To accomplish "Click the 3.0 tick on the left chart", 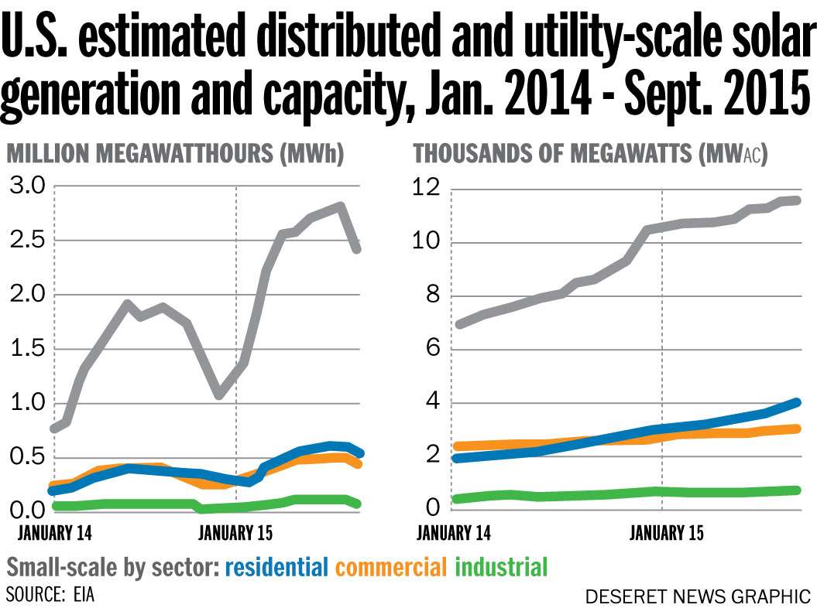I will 27,186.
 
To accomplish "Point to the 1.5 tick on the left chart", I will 27,349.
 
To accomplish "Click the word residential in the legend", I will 276,567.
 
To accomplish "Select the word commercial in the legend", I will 391,567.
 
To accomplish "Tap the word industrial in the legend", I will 501,567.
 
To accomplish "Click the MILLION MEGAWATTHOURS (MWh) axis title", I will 175,154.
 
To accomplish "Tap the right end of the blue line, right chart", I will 797,402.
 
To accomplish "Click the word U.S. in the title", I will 35,39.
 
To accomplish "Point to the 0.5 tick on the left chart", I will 27,457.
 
